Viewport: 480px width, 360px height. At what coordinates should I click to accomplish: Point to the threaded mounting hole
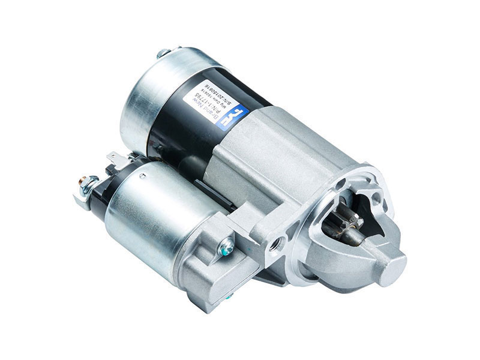(276, 244)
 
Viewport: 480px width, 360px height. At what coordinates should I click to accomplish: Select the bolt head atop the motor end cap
(162, 53)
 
